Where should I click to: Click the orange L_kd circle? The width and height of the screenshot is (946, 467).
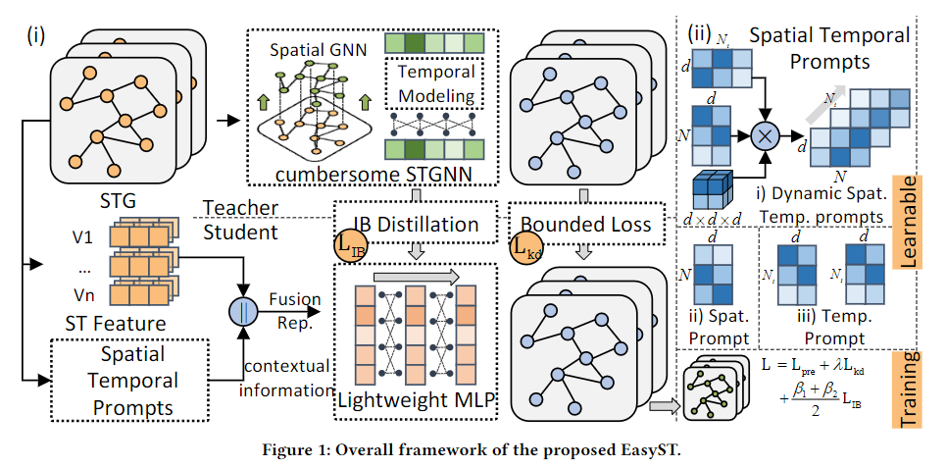(525, 247)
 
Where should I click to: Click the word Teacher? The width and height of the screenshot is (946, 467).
(238, 208)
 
